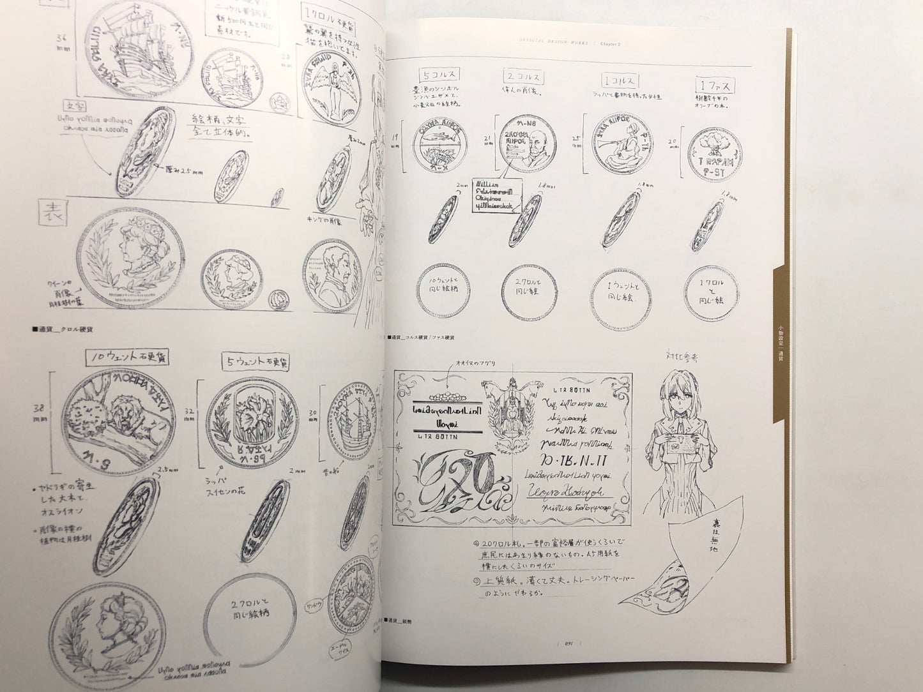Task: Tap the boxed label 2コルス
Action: coord(523,77)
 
